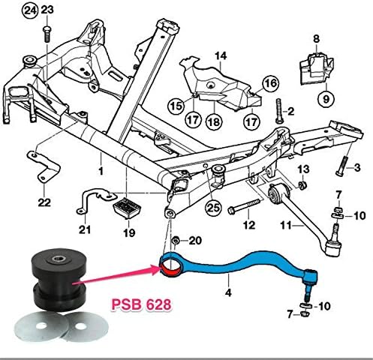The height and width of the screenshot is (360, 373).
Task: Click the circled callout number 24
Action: [x=29, y=10]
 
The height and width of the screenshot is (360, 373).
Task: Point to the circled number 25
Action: [x=212, y=206]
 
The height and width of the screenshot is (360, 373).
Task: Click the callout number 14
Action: [x=221, y=55]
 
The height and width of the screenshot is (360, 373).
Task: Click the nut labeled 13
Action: [x=300, y=185]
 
